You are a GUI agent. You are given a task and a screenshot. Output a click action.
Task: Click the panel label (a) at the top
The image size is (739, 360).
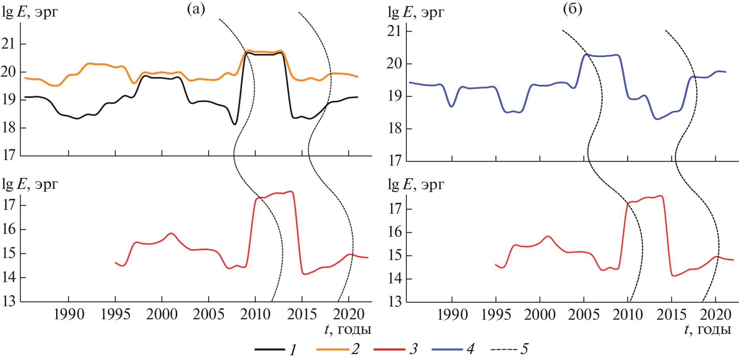coord(196,9)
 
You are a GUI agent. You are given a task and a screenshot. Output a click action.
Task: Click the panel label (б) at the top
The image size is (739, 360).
coord(572,9)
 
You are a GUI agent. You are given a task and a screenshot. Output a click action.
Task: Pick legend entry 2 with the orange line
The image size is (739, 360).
coord(338,349)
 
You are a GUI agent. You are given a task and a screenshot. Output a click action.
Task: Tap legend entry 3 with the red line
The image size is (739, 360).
coord(395,349)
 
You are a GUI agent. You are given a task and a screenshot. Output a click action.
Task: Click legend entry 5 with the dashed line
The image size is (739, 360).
coord(509,349)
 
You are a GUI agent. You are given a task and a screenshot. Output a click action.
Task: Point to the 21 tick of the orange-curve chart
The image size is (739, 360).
coord(8,43)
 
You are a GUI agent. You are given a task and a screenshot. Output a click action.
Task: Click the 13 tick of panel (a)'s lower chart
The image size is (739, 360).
coord(8,302)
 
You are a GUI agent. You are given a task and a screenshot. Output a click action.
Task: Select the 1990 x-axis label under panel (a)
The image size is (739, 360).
coord(69,315)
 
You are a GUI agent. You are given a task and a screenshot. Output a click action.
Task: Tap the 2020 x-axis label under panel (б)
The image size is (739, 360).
coord(716,315)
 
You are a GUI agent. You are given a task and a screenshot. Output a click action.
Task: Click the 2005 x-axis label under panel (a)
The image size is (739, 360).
coord(208,315)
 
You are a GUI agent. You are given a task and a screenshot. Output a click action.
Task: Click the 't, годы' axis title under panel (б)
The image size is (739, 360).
coord(707,329)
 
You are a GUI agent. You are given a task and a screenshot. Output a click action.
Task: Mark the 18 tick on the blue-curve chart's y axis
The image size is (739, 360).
coord(395,129)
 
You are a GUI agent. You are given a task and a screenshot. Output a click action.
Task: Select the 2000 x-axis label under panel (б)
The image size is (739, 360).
coord(540,315)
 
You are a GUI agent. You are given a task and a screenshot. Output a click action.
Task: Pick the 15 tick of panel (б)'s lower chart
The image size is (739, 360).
coord(395,255)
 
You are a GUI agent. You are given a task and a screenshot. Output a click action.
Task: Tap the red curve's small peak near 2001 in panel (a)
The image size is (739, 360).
coord(171,233)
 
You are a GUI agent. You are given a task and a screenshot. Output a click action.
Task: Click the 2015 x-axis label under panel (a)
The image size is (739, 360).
coord(302,315)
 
